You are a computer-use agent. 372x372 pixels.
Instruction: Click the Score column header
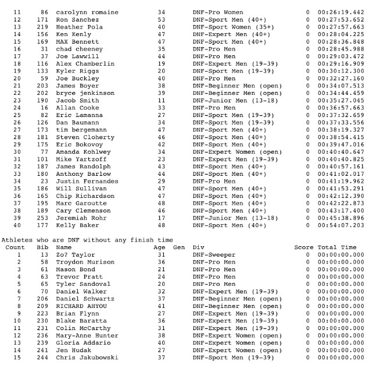coord(303,247)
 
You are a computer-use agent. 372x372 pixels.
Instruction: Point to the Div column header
coord(198,247)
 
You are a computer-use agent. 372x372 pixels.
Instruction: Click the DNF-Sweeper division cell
coord(214,255)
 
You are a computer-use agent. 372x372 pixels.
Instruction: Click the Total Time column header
coord(337,247)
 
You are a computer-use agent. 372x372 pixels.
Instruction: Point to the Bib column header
coord(41,247)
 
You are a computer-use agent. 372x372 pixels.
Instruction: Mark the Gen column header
coord(179,247)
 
